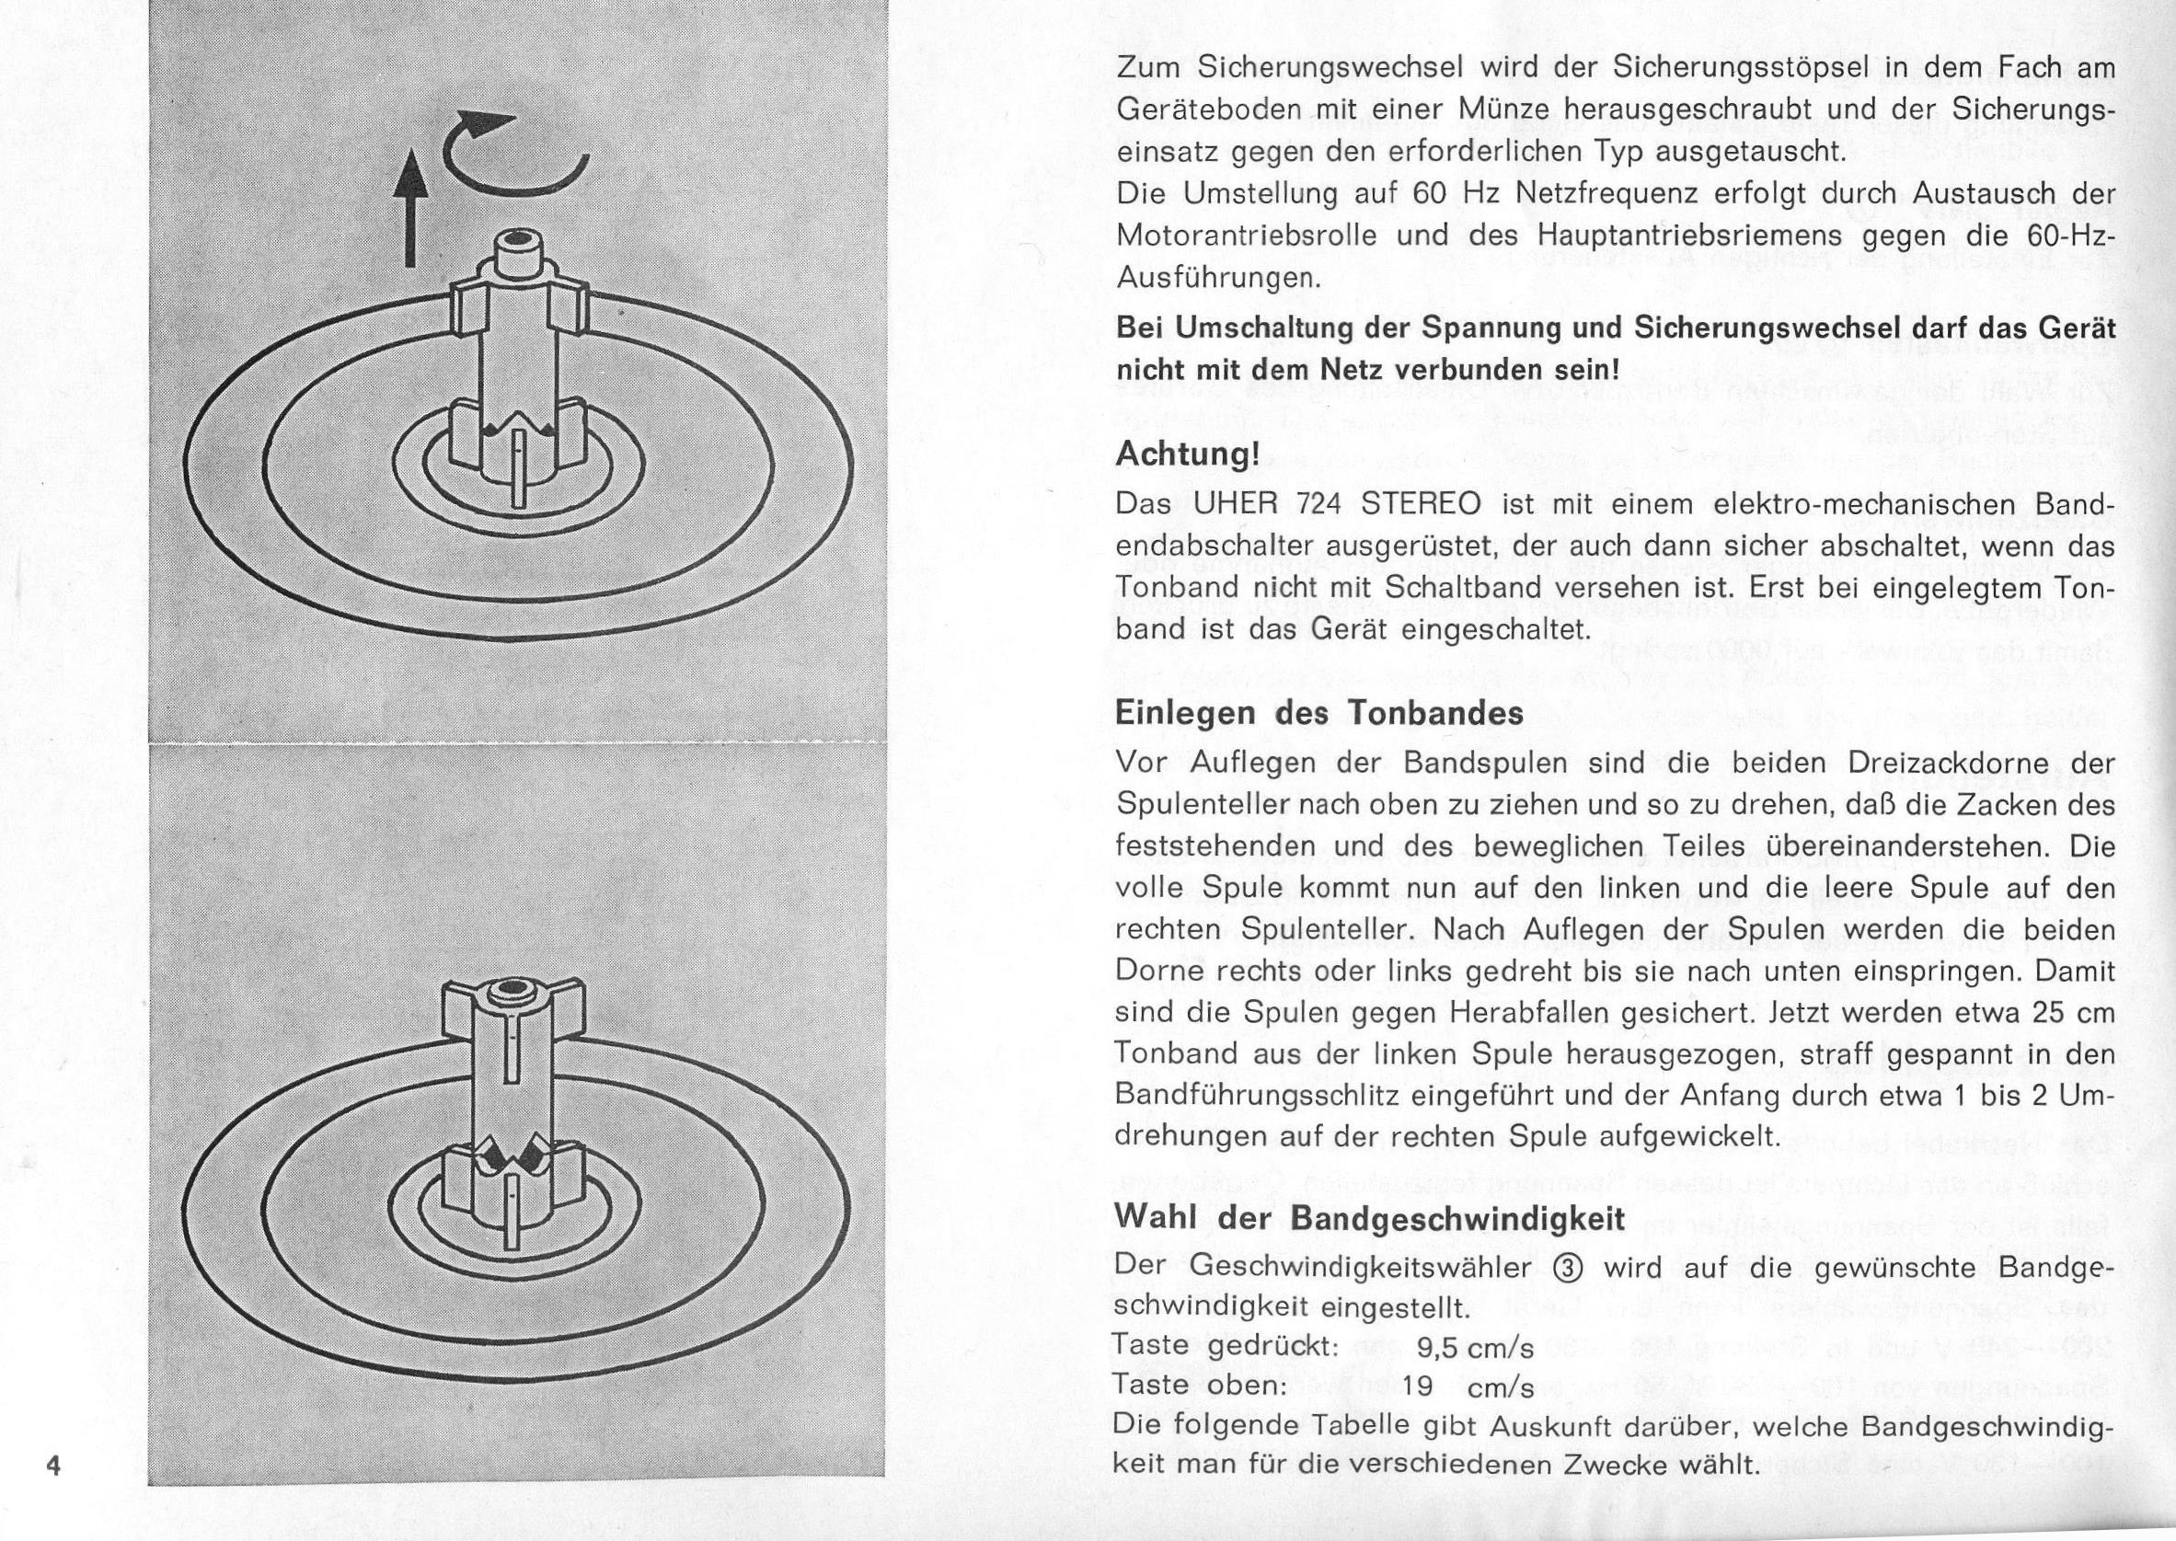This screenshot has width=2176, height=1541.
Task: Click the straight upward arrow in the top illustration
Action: click(x=410, y=210)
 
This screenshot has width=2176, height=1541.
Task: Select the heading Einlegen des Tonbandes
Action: click(x=1319, y=713)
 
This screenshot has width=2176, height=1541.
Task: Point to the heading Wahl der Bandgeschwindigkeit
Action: click(x=1370, y=1217)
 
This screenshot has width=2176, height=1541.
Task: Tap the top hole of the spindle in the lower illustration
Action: click(x=516, y=994)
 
